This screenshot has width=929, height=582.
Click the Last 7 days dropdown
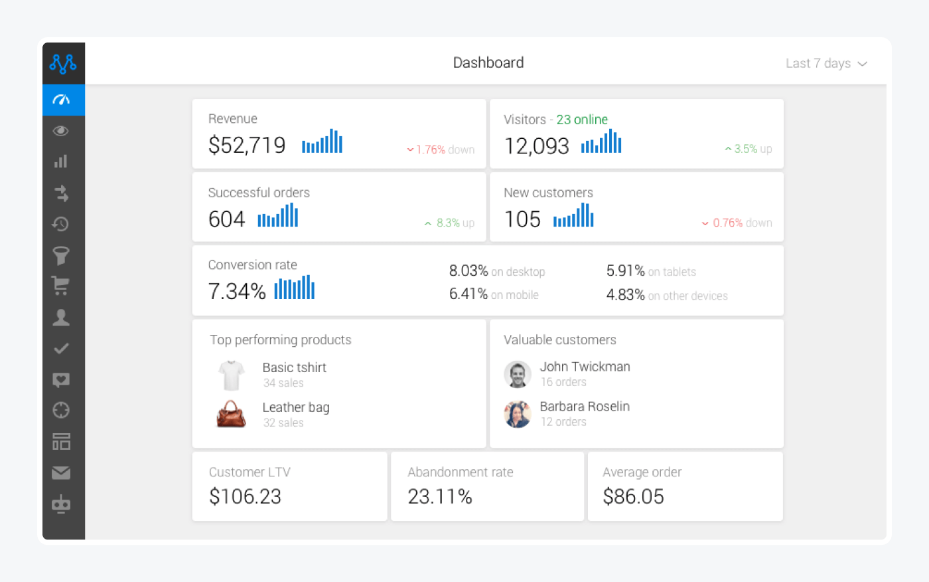(x=826, y=63)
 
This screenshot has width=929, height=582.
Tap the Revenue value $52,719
(x=247, y=145)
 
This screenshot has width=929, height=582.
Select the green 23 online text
(x=582, y=120)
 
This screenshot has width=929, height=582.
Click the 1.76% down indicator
(x=441, y=149)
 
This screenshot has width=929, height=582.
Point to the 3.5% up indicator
(x=749, y=149)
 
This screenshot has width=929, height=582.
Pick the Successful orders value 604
(x=226, y=219)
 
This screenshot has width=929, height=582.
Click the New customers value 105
(x=522, y=219)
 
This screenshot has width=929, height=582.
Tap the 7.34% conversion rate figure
(x=237, y=291)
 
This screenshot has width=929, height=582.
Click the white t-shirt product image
(x=232, y=375)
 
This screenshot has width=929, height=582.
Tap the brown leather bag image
(x=232, y=414)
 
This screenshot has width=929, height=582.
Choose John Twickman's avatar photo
(x=518, y=374)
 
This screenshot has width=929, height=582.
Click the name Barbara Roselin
(x=585, y=407)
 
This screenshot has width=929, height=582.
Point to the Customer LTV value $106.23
(x=245, y=496)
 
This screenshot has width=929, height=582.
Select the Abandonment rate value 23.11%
(x=440, y=496)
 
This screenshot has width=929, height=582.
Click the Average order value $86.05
(x=633, y=496)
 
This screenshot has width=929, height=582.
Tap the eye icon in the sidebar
(x=61, y=131)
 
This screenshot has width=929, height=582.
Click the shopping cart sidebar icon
(x=61, y=286)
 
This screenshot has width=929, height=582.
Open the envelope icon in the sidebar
(x=61, y=472)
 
